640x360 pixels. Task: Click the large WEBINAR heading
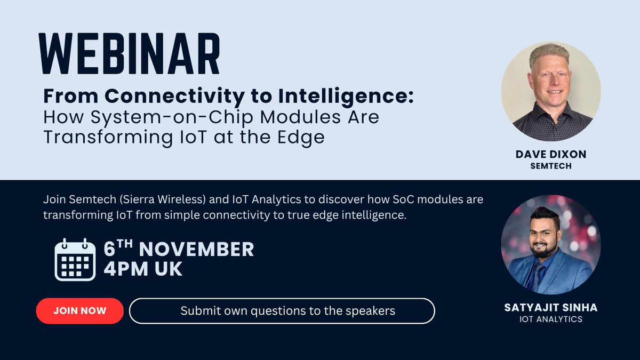pos(130,55)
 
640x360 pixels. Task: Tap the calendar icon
pos(75,260)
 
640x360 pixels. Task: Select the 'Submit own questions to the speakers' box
pos(282,310)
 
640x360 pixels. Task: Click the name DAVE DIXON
pos(550,155)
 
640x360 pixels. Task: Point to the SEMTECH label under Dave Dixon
pos(550,166)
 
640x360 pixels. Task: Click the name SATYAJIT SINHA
pos(550,308)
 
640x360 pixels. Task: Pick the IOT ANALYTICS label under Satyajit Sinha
pos(550,319)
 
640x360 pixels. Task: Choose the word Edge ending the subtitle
pos(302,137)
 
